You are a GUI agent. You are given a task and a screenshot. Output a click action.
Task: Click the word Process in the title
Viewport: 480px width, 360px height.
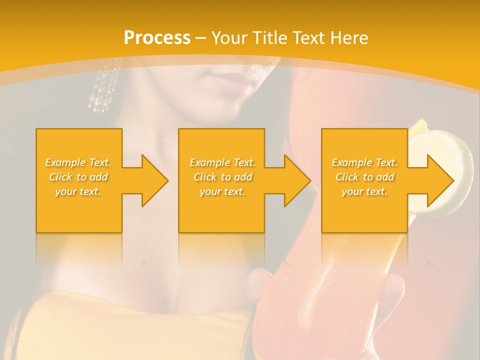click(157, 38)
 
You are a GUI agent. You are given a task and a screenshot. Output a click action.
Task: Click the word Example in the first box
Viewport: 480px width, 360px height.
click(65, 162)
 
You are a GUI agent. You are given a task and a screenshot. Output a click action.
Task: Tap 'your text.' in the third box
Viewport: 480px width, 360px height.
click(364, 191)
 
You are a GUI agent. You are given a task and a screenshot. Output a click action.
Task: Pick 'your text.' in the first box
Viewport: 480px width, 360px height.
click(78, 191)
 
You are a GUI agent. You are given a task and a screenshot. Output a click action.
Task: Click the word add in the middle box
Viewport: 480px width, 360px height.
click(243, 177)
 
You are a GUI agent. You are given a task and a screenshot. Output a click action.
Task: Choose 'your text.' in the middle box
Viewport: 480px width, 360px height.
click(222, 191)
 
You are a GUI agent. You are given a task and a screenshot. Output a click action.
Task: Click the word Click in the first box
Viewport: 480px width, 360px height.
click(61, 177)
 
